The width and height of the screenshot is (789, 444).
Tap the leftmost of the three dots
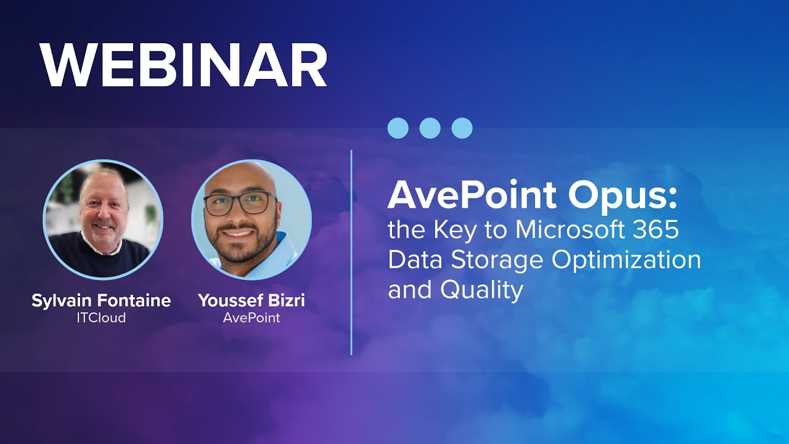[398, 128]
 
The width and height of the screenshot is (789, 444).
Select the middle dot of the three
[430, 128]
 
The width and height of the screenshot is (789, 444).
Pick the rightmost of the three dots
[462, 128]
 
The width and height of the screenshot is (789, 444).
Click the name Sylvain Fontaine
[101, 301]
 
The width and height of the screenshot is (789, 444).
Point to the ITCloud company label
[101, 318]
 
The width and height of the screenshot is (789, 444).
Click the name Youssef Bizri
[251, 301]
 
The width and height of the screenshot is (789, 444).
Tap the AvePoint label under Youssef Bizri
[251, 318]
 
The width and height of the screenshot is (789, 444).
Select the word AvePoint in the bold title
[472, 196]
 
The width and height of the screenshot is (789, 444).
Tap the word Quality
[482, 290]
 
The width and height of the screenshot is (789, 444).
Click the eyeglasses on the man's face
[239, 203]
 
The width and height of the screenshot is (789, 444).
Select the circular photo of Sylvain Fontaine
[103, 220]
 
